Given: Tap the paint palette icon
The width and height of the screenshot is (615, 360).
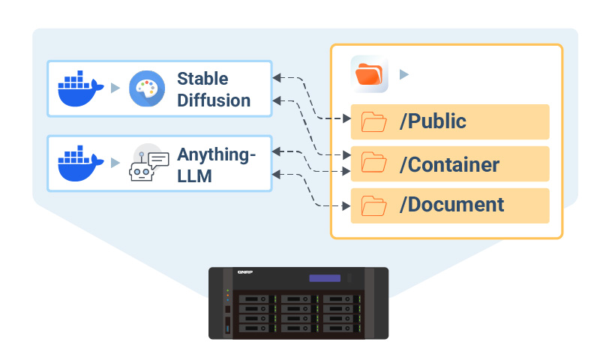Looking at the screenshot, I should tap(146, 89).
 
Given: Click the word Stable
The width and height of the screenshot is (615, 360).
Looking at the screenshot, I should tap(202, 79).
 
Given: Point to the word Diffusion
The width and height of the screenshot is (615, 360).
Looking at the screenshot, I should tap(214, 100).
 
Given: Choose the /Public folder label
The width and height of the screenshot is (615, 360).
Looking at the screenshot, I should tap(433, 121).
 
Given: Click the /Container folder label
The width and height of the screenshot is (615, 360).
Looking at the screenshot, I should tap(449, 163).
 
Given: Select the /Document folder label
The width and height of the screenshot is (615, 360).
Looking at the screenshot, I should tap(451, 205).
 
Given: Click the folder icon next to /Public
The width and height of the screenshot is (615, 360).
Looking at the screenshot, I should tap(373, 121).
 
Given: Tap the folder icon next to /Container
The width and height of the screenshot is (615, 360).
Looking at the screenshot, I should tap(373, 163).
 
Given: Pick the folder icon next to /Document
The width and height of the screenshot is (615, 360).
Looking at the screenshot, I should tap(373, 205).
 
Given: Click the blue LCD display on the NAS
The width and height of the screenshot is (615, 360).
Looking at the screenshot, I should tap(325, 278).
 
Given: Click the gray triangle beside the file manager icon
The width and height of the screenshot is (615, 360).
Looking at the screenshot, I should tap(404, 74).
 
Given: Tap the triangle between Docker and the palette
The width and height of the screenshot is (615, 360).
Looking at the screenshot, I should tap(115, 88).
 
